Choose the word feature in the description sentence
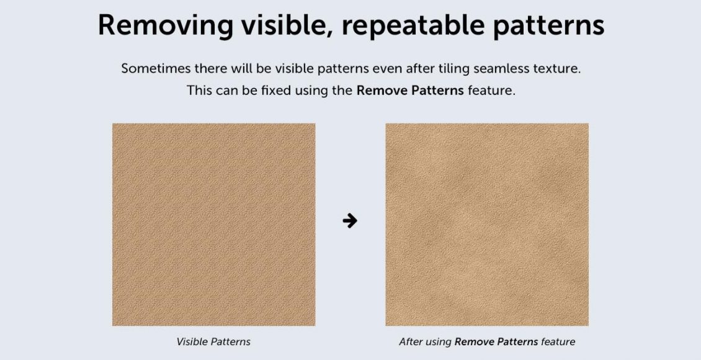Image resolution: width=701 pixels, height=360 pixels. point(491,91)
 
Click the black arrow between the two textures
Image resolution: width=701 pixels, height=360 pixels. point(350,220)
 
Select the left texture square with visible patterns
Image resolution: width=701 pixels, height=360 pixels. point(213,225)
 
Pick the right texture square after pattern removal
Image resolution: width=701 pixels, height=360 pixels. point(487,225)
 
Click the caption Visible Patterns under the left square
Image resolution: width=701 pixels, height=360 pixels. point(213,342)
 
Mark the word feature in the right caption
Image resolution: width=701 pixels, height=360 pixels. point(558,342)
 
